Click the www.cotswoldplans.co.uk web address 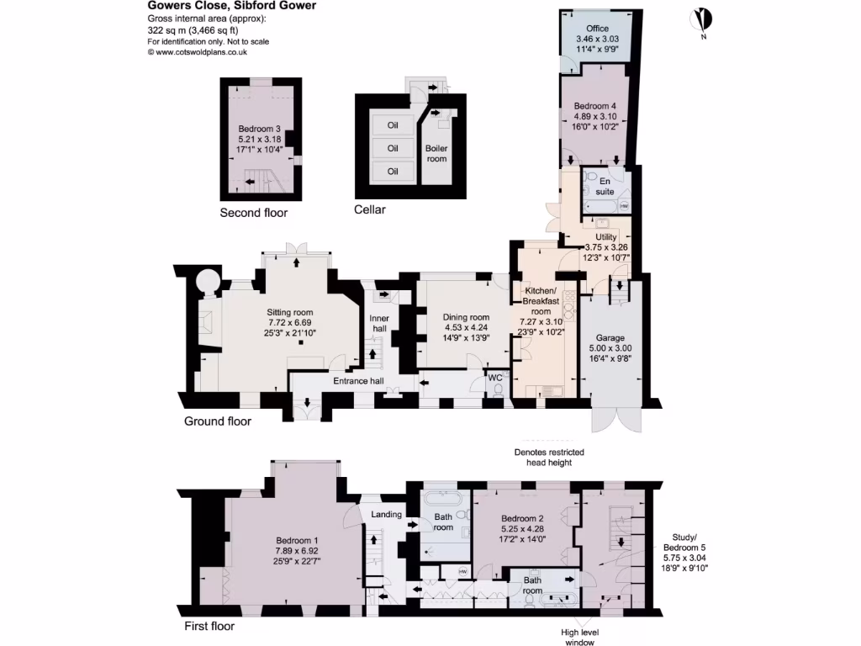197,52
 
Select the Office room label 597,29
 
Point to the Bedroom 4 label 595,105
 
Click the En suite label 604,186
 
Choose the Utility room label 605,237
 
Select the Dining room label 466,317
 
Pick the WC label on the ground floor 496,378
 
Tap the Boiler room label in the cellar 436,153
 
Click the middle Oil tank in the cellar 392,149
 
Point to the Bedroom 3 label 260,129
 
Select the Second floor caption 253,213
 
